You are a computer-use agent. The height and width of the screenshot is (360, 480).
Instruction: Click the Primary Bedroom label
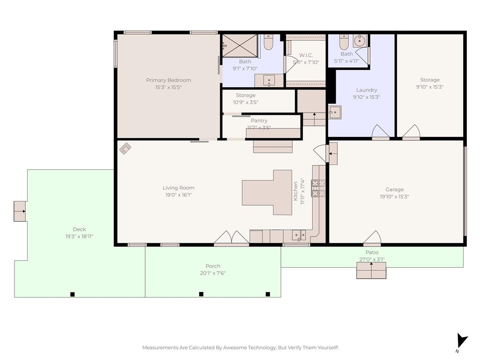point(168,80)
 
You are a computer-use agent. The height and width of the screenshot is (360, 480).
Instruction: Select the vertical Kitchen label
point(296,191)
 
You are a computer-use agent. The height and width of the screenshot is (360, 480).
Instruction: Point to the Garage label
point(394,190)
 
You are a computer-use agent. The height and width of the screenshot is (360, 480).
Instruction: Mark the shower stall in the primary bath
point(240,45)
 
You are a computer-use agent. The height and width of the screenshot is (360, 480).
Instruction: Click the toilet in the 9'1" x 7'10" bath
point(268,43)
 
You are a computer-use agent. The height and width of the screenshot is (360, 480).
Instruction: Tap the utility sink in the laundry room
point(334,112)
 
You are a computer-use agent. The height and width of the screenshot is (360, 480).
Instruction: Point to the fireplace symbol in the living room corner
point(125,149)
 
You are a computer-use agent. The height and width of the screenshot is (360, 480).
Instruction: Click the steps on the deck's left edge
point(20,211)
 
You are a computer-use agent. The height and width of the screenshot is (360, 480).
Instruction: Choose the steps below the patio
point(371,270)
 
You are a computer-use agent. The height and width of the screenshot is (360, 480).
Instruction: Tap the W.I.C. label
point(306,55)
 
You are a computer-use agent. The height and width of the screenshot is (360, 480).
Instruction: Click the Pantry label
point(259,120)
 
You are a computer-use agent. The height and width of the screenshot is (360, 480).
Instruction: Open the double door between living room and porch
point(232,238)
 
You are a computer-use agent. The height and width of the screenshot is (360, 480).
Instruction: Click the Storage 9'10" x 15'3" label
point(429,80)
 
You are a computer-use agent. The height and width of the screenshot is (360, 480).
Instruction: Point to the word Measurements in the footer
point(160,347)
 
